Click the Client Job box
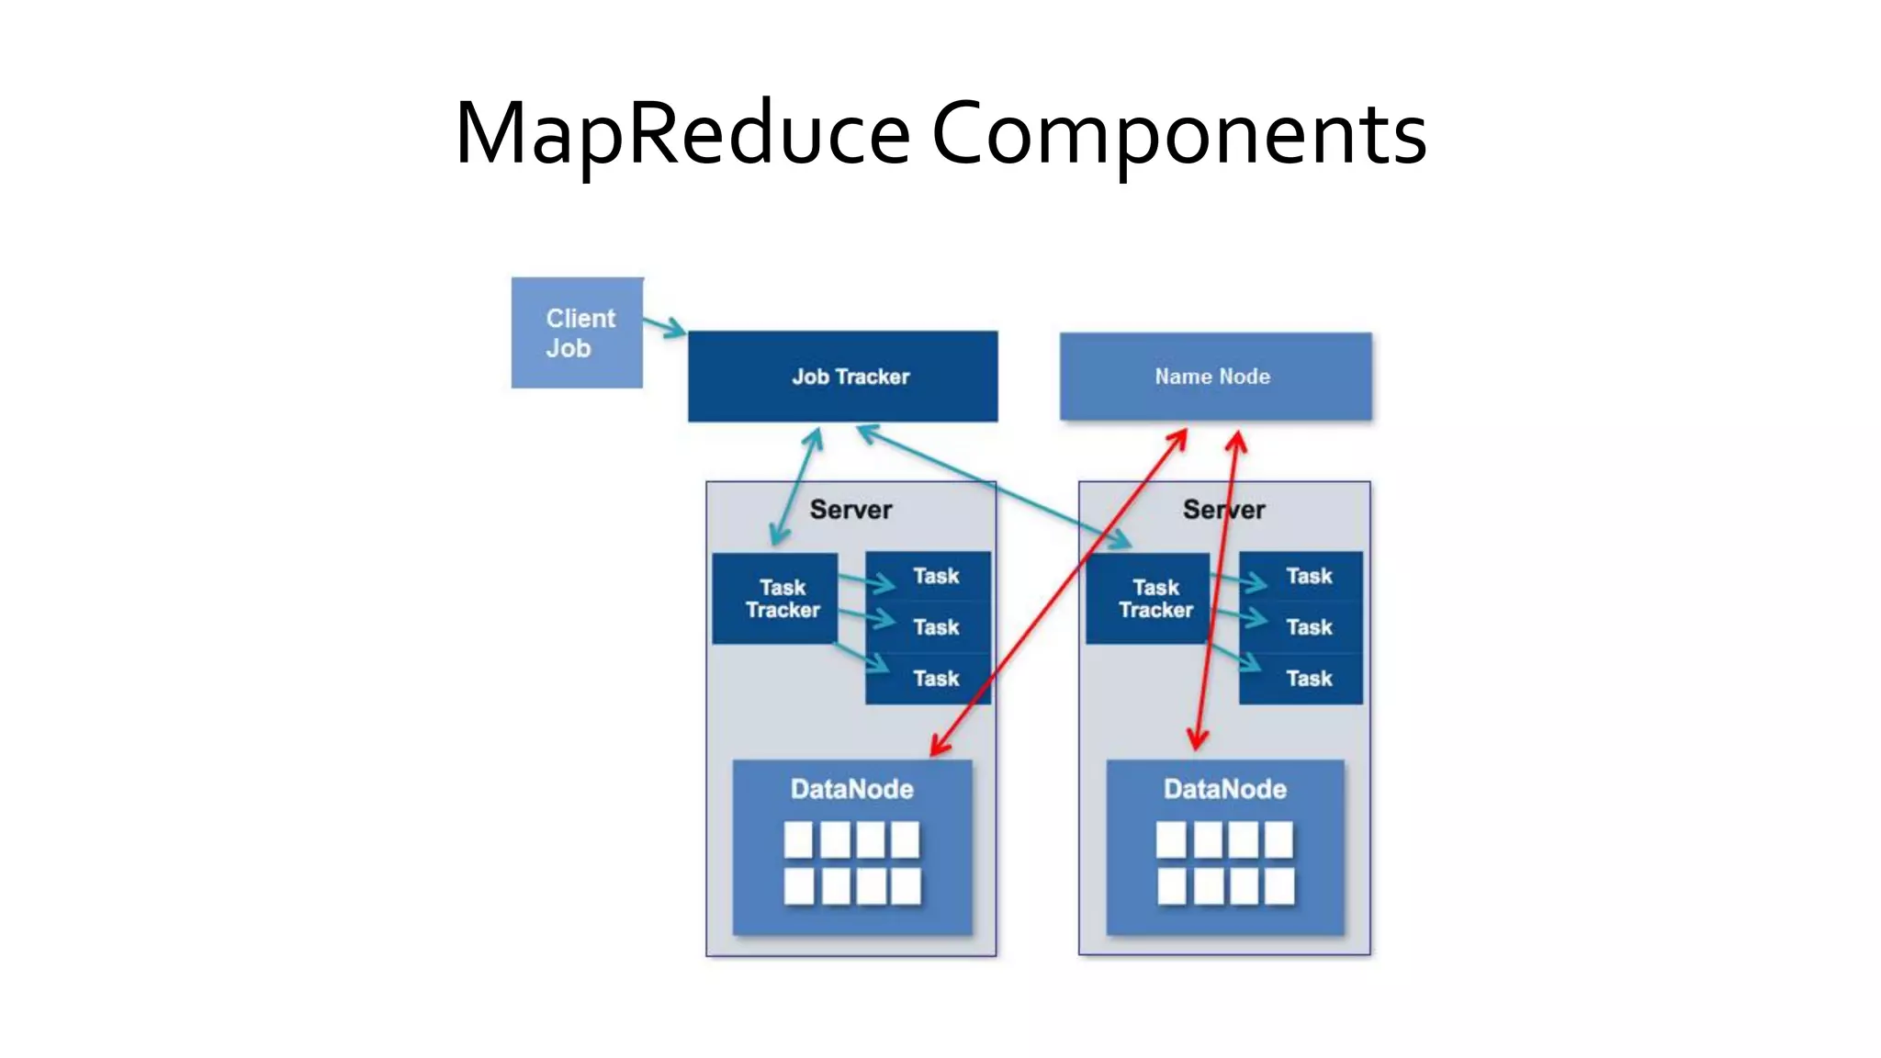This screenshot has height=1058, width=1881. point(577,332)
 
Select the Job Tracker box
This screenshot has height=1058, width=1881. point(842,377)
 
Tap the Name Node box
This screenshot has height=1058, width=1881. point(1214,377)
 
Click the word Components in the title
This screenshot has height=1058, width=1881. point(1178,134)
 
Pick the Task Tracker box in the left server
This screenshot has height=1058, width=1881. point(775,599)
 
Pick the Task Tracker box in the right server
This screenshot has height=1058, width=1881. point(1148,599)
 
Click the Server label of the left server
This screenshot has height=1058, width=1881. point(850,510)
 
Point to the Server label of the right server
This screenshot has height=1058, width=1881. point(1223,510)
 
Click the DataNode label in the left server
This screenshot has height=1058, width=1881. point(851,789)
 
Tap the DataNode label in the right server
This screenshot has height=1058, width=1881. point(1224,789)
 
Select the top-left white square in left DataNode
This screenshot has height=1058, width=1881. point(798,839)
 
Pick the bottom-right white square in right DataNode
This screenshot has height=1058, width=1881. point(1278,887)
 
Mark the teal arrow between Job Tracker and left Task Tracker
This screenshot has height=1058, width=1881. point(796,486)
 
